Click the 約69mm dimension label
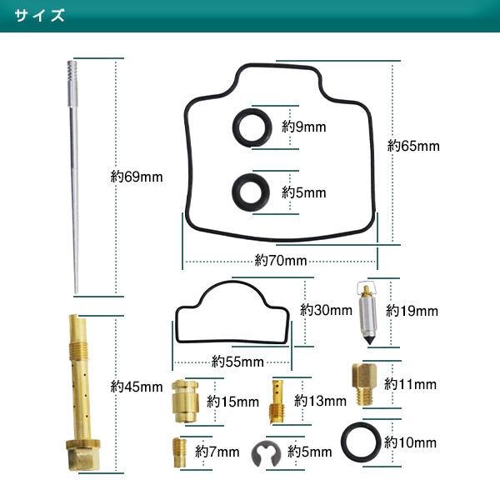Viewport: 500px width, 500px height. [x=137, y=177]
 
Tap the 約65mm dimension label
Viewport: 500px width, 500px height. [x=413, y=146]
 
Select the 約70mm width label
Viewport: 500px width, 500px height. [x=281, y=260]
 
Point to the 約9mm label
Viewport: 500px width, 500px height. [x=303, y=127]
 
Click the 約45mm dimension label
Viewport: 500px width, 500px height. [x=137, y=387]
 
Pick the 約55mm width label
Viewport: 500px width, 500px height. [x=237, y=362]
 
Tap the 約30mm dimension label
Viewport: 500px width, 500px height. [x=327, y=310]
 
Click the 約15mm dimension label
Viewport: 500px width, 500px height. [x=233, y=402]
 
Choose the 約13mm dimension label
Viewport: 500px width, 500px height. [x=321, y=401]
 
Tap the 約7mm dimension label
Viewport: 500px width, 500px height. [x=217, y=452]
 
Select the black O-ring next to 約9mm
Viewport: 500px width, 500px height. [x=249, y=127]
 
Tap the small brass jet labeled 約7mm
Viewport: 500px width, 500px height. [x=177, y=452]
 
